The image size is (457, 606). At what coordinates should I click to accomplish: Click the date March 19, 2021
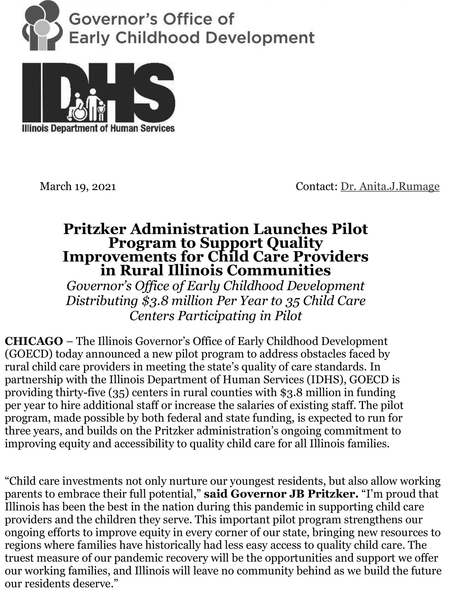[x=78, y=187]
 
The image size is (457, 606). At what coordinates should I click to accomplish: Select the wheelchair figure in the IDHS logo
[x=77, y=108]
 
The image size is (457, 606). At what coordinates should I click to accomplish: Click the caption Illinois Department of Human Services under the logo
[x=98, y=128]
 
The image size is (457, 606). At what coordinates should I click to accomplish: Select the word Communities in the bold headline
[x=279, y=270]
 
